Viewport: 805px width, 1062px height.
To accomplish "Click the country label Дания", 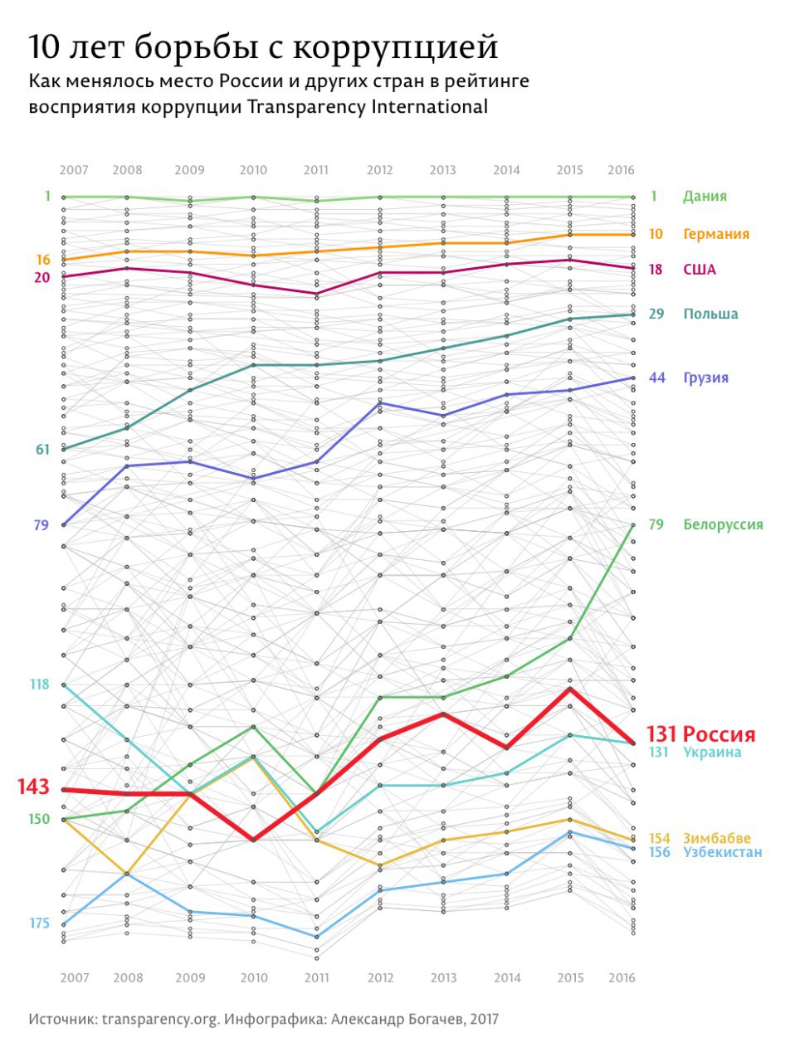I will [x=705, y=197].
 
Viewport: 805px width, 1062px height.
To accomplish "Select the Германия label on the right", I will [x=715, y=234].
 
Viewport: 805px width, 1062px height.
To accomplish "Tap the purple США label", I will [x=699, y=270].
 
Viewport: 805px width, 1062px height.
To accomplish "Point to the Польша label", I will [x=710, y=314].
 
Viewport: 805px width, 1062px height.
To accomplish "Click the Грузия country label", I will [x=705, y=378].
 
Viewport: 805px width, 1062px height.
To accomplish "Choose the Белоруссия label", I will [x=723, y=524].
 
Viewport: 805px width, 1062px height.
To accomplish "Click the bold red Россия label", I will [x=719, y=734].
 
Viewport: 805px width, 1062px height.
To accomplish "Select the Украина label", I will [x=712, y=753].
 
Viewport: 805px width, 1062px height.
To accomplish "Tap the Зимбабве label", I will [x=716, y=838].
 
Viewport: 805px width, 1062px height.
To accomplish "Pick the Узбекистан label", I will [x=722, y=852].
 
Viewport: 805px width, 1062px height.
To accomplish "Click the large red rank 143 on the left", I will [x=33, y=787].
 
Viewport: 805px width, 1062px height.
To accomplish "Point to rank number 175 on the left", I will [x=39, y=923].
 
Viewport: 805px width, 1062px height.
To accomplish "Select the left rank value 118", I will [x=39, y=684].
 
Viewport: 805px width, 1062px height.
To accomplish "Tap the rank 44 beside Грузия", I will [x=656, y=378].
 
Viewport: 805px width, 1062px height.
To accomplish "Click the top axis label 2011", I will [x=315, y=170].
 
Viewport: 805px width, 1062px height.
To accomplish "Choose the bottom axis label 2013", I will [x=443, y=977].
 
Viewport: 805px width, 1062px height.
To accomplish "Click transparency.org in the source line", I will [x=159, y=1019].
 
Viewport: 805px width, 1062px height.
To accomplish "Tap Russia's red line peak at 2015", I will [x=570, y=689].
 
